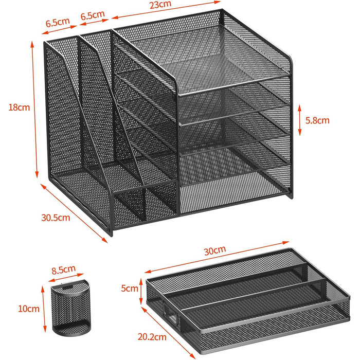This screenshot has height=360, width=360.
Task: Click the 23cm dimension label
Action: click(160, 4)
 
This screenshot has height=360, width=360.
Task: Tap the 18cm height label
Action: click(20, 107)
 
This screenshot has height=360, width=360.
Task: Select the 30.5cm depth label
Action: click(56, 218)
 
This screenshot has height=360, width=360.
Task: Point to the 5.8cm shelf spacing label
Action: click(317, 120)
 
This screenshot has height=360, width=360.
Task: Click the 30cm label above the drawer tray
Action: click(215, 250)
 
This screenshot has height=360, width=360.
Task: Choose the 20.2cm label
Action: click(152, 337)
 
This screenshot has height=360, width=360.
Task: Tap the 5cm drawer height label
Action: click(130, 288)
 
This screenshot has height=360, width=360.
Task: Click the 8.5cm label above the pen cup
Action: click(63, 270)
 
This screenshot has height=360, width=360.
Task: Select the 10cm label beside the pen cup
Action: click(29, 309)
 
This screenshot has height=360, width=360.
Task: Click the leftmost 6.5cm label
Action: click(58, 22)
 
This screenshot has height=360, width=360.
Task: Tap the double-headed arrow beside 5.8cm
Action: click(300, 120)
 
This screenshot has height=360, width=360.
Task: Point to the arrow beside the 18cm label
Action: click(34, 110)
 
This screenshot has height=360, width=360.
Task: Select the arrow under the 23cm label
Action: click(166, 10)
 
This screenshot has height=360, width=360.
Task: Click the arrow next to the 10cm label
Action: click(44, 309)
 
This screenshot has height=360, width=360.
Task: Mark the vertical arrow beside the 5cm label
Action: click(141, 291)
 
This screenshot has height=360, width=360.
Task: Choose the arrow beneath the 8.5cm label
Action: click(66, 277)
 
